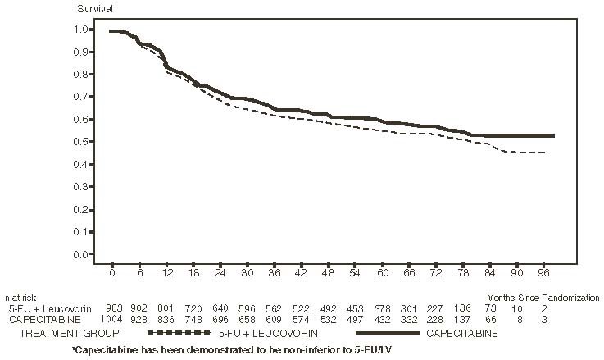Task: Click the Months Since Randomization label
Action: click(543, 298)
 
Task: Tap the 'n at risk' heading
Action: click(20, 298)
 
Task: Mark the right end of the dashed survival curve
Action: click(546, 153)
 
